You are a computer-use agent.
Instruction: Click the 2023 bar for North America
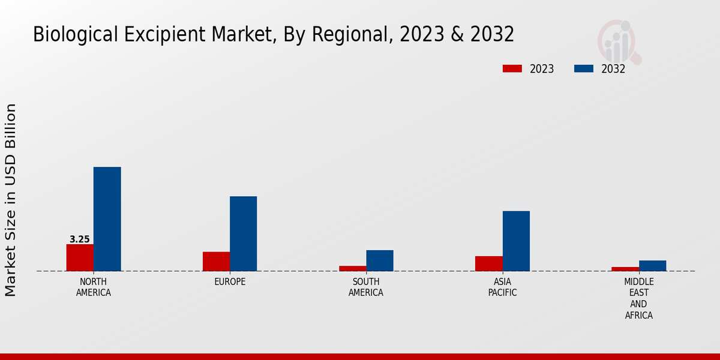[80, 257]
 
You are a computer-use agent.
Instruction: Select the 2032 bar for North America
[107, 219]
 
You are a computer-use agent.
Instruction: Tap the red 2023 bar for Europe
[216, 261]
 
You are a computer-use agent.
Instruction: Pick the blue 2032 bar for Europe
[243, 233]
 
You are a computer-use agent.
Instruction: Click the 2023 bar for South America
[352, 268]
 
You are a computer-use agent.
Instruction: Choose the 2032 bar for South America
[380, 260]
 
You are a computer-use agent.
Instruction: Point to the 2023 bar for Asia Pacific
[488, 263]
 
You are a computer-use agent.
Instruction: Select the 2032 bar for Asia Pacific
[516, 241]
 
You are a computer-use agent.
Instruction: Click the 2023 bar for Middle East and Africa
[625, 269]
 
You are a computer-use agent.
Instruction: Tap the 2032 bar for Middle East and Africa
[652, 265]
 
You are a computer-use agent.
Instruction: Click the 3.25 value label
[80, 239]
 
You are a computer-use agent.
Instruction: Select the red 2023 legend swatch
[512, 68]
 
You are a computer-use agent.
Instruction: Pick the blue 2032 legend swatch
[583, 68]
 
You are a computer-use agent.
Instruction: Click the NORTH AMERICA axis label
[94, 287]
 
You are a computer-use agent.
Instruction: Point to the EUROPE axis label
[230, 282]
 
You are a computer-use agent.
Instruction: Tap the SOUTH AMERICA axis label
[366, 287]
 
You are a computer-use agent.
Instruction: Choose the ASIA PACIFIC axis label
[502, 287]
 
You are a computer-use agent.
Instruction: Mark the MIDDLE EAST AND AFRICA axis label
[639, 299]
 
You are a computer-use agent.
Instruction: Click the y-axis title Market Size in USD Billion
[11, 200]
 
